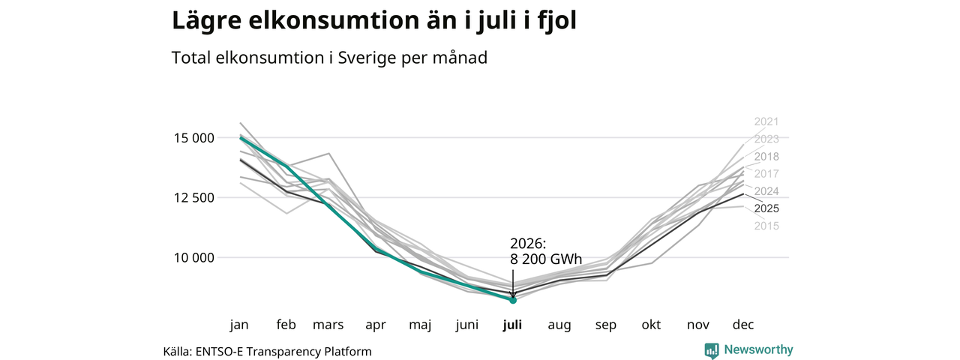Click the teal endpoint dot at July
coord(512,300)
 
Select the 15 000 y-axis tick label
coord(193,138)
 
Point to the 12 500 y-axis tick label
coord(193,198)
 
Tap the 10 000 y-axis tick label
coord(193,258)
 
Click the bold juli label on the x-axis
coord(512,325)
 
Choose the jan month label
coord(239,325)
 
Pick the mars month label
coord(328,325)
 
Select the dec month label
coord(742,325)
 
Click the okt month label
coord(651,325)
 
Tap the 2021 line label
coord(766,121)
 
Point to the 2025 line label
coord(766,208)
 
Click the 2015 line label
coord(766,226)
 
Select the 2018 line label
coord(766,157)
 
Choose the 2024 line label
coord(766,191)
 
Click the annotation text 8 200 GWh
coord(546,259)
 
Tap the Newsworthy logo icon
coord(712,350)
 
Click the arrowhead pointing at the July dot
coord(512,295)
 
